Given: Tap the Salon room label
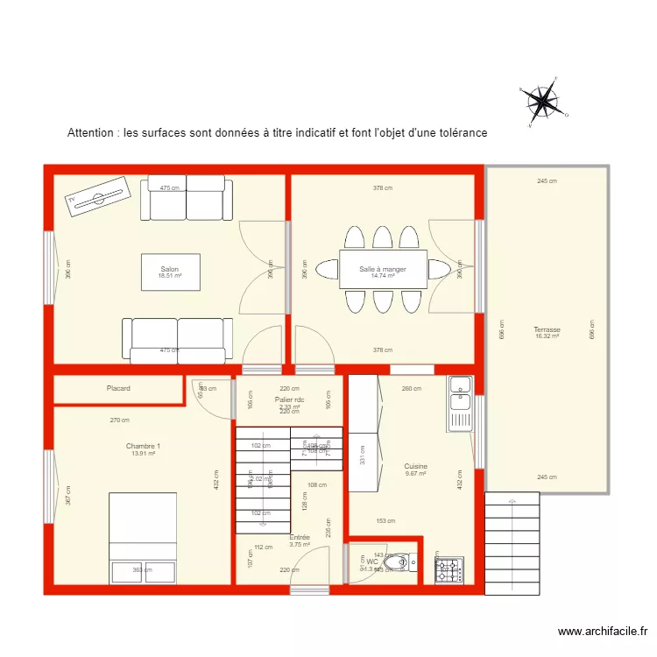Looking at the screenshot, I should pyautogui.click(x=169, y=269).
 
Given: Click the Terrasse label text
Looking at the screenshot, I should pyautogui.click(x=547, y=330).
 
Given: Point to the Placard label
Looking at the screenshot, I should pyautogui.click(x=118, y=388).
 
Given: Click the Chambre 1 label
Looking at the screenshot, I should pyautogui.click(x=143, y=446).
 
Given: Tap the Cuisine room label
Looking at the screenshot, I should pyautogui.click(x=415, y=467).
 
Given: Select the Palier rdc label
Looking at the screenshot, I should pyautogui.click(x=289, y=399).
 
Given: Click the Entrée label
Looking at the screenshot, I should pyautogui.click(x=300, y=537).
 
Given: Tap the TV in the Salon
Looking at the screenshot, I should pyautogui.click(x=98, y=196).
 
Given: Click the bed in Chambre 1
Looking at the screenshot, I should pyautogui.click(x=143, y=537).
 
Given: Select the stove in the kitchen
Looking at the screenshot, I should pyautogui.click(x=449, y=570).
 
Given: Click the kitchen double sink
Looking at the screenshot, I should pyautogui.click(x=460, y=402).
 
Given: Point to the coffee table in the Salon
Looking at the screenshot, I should pyautogui.click(x=170, y=272).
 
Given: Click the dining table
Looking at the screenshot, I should pyautogui.click(x=383, y=269).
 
